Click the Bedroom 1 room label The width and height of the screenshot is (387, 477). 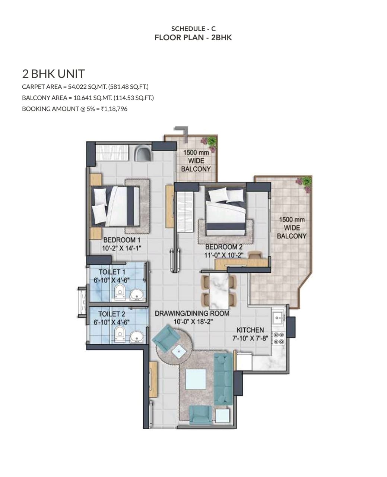pos(122,240)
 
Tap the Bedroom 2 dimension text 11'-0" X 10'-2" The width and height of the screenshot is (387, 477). pos(223,255)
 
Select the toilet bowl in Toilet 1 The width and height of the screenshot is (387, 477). pos(120,292)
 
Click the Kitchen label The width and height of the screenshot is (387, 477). pos(250,330)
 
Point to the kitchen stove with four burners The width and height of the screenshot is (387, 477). pos(279,338)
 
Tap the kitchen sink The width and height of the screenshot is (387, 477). pos(279,318)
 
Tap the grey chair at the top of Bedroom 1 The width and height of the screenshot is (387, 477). pos(143,153)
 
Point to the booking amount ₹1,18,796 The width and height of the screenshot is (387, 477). pos(114,109)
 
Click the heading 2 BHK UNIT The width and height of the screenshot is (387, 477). pos(54,74)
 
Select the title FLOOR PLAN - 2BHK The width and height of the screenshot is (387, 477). pos(193,37)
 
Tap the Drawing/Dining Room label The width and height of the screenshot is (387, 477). pos(192,313)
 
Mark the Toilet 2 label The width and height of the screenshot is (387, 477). pos(112,314)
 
